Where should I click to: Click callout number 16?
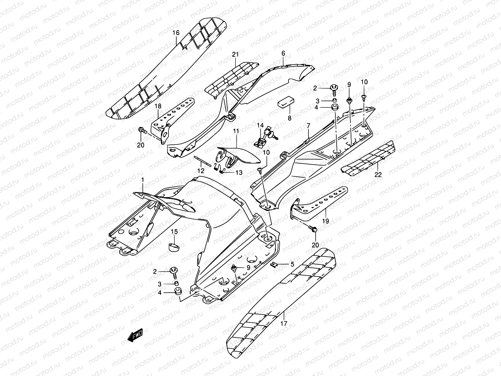pyautogui.click(x=176, y=33)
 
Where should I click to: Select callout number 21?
pyautogui.click(x=235, y=55)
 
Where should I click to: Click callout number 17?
pyautogui.click(x=284, y=324)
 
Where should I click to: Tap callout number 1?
pyautogui.click(x=142, y=180)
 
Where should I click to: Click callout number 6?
pyautogui.click(x=283, y=54)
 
